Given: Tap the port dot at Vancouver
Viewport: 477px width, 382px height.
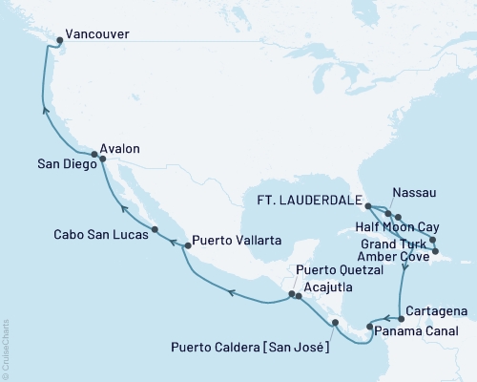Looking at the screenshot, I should [60, 40].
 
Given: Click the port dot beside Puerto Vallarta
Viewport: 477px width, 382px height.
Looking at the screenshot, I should [187, 245].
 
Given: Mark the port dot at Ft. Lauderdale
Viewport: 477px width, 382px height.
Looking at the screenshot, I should [369, 203].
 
